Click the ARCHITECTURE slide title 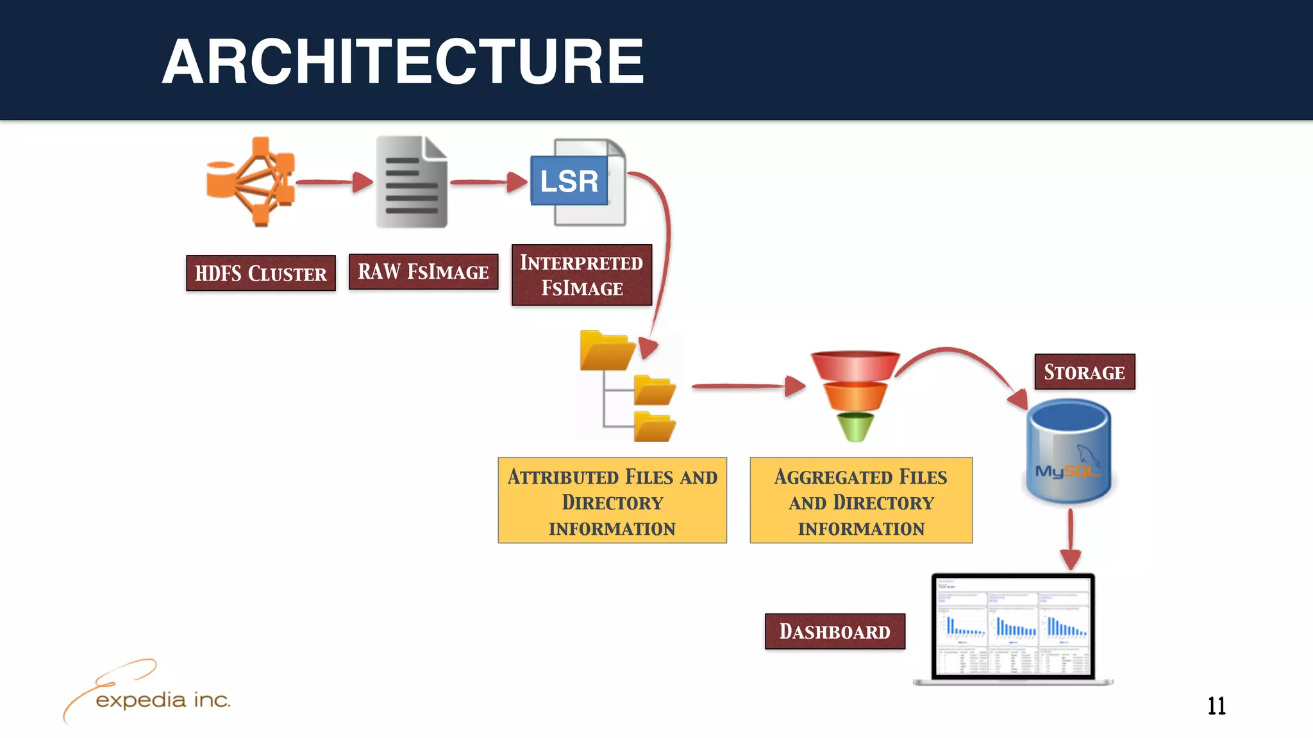pyautogui.click(x=403, y=61)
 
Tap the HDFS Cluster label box pyautogui.click(x=260, y=274)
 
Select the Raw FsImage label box pyautogui.click(x=423, y=272)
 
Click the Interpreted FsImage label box pyautogui.click(x=581, y=275)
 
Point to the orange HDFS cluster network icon pyautogui.click(x=253, y=182)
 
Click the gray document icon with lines pyautogui.click(x=412, y=183)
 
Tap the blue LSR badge pyautogui.click(x=569, y=181)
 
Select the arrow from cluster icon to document pyautogui.click(x=333, y=182)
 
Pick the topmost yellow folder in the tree pyautogui.click(x=606, y=350)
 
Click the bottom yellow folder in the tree pyautogui.click(x=654, y=427)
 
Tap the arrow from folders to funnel pyautogui.click(x=747, y=386)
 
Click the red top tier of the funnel pyautogui.click(x=855, y=365)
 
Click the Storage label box pyautogui.click(x=1084, y=372)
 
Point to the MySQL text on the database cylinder pyautogui.click(x=1066, y=471)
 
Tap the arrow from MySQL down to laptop pyautogui.click(x=1070, y=538)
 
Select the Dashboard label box pyautogui.click(x=835, y=631)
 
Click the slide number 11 pyautogui.click(x=1216, y=706)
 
